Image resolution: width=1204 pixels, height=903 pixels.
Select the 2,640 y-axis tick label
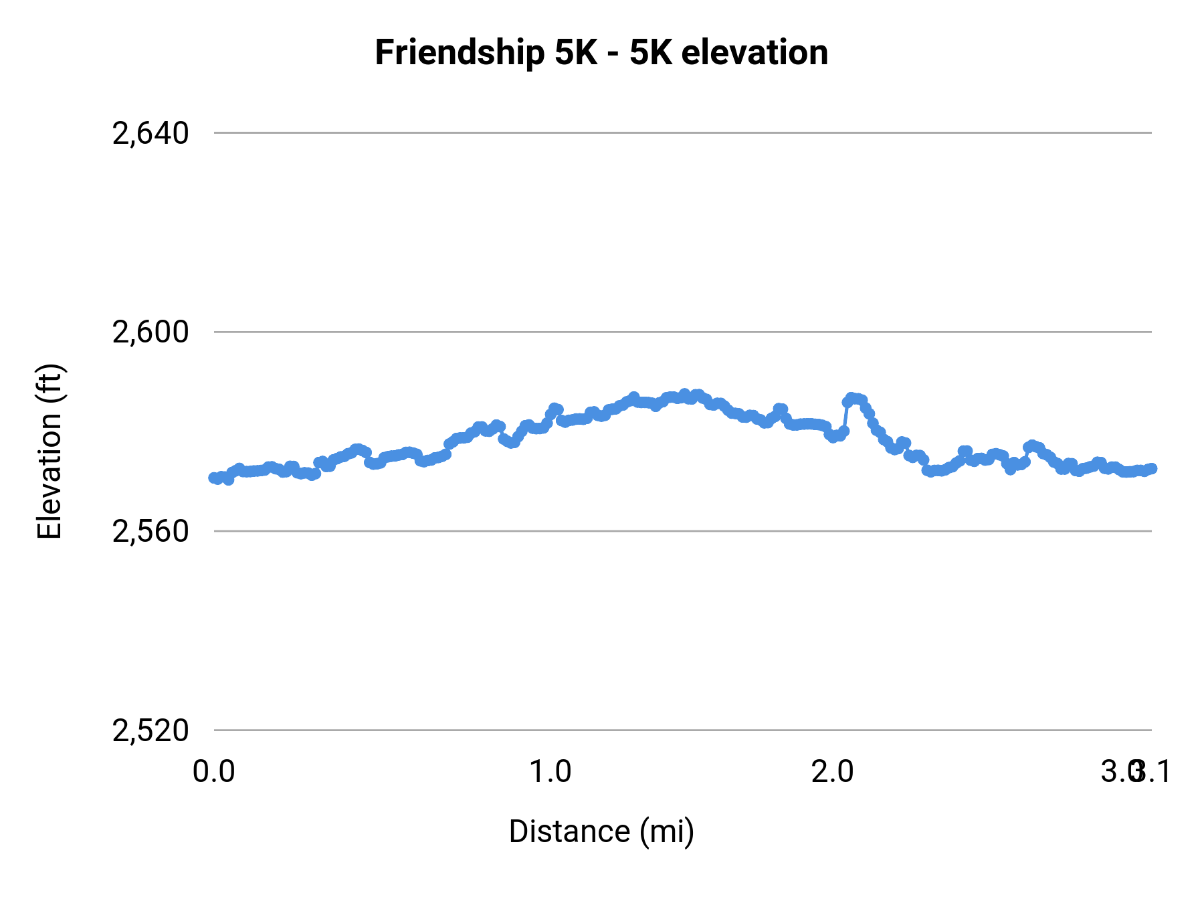click(150, 134)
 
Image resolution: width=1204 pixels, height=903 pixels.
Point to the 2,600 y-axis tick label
click(150, 332)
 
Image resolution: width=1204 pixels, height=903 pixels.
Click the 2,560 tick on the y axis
click(150, 532)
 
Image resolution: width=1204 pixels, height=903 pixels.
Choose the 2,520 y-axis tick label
click(150, 730)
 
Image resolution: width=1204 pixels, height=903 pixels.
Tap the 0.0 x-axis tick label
click(213, 772)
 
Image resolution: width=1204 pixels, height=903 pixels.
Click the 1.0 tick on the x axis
click(550, 772)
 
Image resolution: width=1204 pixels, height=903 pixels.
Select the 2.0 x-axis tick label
click(832, 772)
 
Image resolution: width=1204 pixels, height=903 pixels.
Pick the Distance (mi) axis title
click(601, 831)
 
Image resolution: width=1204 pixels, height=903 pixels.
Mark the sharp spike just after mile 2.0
click(851, 398)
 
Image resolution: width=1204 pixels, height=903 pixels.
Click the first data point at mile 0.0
click(213, 478)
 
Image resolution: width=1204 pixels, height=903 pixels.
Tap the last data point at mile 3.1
click(1151, 468)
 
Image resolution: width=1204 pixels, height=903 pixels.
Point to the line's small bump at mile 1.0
click(555, 409)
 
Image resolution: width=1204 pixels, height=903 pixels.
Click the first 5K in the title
click(575, 54)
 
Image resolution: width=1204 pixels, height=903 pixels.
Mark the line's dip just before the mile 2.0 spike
click(833, 437)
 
